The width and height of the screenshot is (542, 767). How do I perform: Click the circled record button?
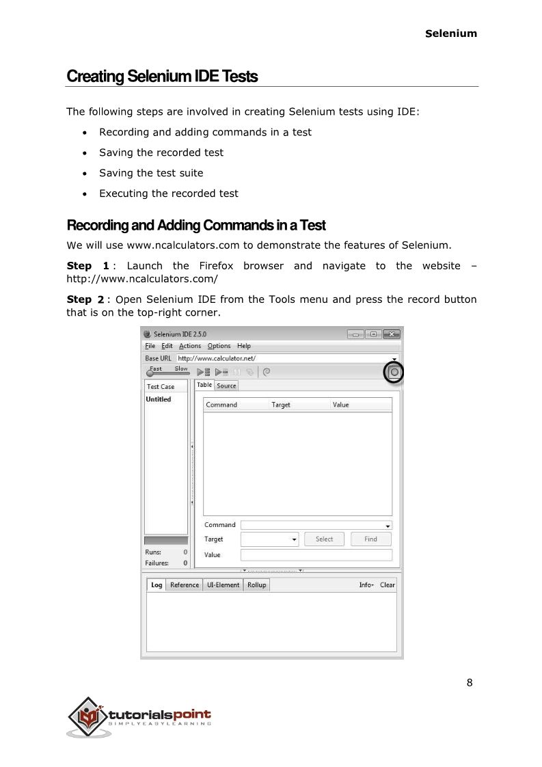click(394, 372)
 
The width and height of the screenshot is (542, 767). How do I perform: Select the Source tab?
click(226, 386)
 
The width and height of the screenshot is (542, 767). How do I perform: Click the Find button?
click(370, 539)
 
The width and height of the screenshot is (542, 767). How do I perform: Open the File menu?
click(150, 346)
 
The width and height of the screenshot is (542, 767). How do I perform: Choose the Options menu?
click(219, 346)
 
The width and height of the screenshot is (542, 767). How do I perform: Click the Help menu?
click(244, 346)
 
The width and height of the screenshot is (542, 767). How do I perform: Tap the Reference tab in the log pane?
click(185, 585)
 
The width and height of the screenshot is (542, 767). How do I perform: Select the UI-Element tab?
click(223, 585)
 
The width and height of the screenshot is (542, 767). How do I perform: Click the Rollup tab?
click(256, 585)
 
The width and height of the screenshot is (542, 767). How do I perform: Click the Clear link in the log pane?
click(388, 585)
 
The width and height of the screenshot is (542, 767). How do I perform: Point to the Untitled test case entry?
click(159, 399)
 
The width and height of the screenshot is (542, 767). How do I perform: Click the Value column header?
click(340, 405)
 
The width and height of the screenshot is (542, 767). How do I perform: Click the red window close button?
click(391, 334)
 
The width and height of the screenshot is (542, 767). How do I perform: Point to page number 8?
click(470, 682)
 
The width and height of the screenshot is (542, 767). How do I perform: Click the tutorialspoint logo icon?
click(87, 716)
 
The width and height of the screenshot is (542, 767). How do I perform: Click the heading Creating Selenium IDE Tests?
click(162, 77)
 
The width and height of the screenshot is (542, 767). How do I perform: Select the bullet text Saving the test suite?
click(151, 173)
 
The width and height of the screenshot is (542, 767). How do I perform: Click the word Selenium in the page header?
click(451, 33)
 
